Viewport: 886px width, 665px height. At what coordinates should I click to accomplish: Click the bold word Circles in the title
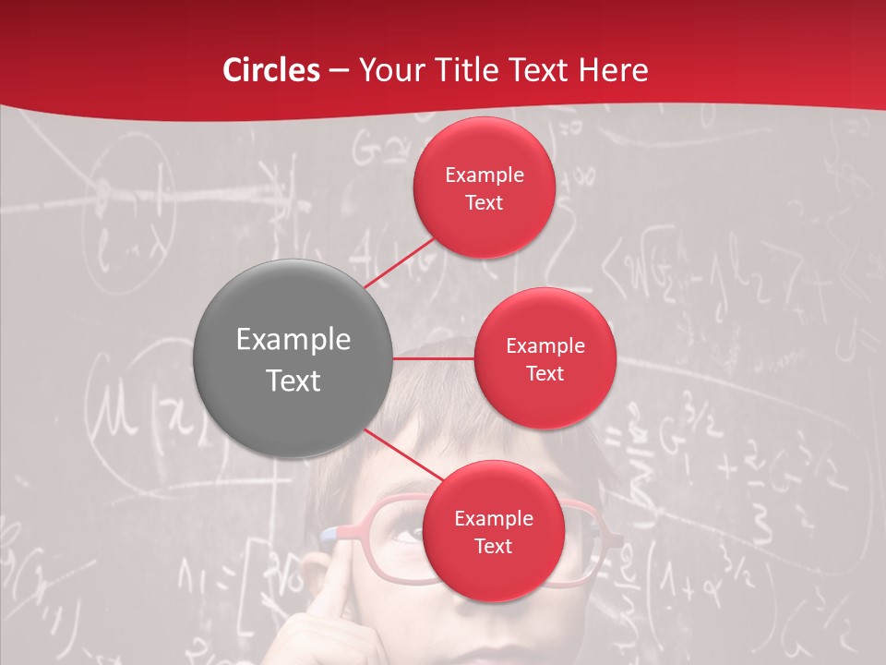[271, 70]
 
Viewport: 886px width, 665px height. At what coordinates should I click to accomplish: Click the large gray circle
[293, 358]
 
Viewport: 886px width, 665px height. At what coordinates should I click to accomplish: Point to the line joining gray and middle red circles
[434, 358]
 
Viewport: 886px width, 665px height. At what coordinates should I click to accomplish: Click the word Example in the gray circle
[293, 340]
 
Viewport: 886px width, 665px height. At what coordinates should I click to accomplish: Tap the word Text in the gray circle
[293, 381]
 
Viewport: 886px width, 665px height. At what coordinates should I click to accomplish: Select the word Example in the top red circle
[485, 175]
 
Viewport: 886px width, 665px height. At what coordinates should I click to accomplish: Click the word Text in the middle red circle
[545, 374]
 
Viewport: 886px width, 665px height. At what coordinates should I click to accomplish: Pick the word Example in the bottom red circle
[494, 519]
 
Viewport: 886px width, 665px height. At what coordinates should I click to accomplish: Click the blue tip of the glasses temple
[329, 533]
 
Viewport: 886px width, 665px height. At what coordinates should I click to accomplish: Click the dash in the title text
[339, 71]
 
